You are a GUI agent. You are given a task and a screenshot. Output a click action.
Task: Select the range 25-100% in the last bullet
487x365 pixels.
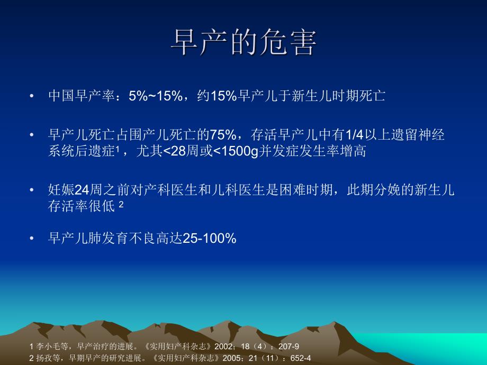pyautogui.click(x=209, y=239)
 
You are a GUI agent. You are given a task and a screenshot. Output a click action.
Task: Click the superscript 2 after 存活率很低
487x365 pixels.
pyautogui.click(x=121, y=204)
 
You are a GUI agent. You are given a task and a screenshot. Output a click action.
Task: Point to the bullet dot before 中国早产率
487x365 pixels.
pyautogui.click(x=33, y=96)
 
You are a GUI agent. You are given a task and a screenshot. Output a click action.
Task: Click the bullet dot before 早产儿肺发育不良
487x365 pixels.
pyautogui.click(x=33, y=239)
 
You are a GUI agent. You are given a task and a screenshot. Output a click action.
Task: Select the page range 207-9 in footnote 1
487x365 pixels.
pyautogui.click(x=290, y=347)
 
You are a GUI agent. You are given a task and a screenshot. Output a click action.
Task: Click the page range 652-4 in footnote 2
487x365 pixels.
pyautogui.click(x=301, y=357)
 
